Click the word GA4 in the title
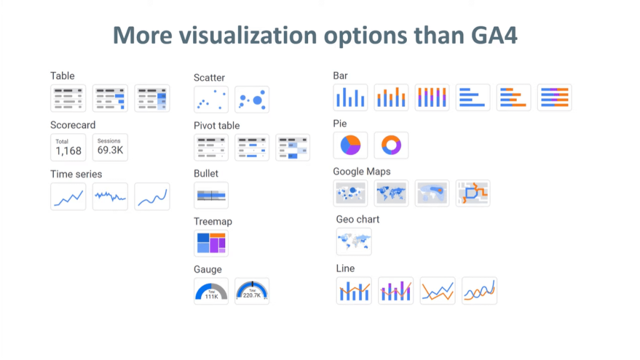[494, 35]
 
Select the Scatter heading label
[209, 77]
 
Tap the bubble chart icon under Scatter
[252, 99]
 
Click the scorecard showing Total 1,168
[68, 147]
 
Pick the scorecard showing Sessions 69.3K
[110, 147]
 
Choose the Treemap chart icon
[211, 243]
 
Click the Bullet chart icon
[211, 196]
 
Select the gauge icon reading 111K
[211, 291]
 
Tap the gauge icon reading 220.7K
[252, 291]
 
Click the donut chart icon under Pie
[391, 145]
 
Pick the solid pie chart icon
[350, 145]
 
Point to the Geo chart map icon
[354, 242]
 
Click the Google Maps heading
[362, 171]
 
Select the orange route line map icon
[472, 193]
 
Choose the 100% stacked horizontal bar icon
[554, 97]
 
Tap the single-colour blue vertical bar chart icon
[350, 97]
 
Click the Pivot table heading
[216, 126]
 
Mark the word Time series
[76, 174]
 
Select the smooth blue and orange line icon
[479, 291]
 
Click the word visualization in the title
[247, 35]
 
